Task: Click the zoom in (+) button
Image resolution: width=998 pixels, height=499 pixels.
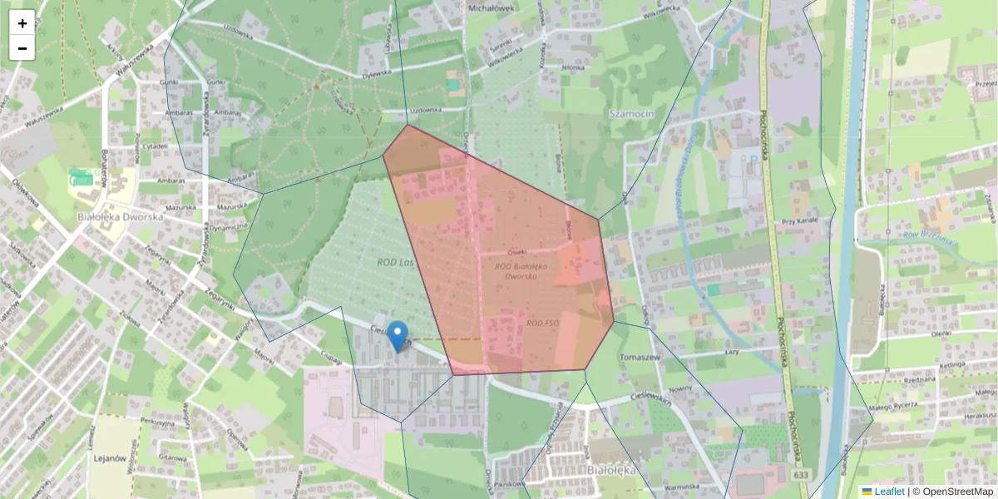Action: [22, 22]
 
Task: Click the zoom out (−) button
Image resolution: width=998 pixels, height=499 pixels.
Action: [22, 48]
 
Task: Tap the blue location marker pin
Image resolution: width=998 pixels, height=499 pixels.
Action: [398, 336]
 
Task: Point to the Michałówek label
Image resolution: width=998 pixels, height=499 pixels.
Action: [493, 7]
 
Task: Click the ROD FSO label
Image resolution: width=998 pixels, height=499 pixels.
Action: [541, 323]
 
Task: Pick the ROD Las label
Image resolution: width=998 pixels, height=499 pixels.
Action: [395, 263]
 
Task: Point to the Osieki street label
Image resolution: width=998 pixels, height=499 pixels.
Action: [517, 249]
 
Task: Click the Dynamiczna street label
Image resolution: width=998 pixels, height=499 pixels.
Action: [229, 226]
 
